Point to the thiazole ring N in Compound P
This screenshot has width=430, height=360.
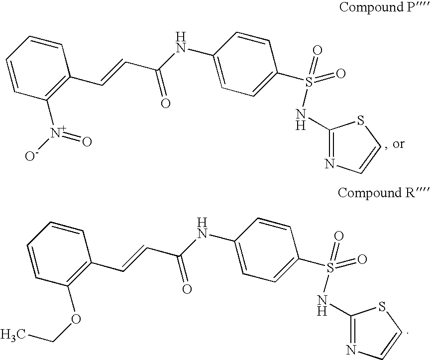(329, 163)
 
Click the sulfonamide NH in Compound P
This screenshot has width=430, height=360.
(301, 121)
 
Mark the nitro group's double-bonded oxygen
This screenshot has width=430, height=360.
(87, 142)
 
